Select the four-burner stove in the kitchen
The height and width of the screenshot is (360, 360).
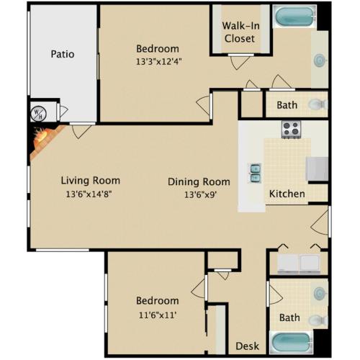coord(291,130)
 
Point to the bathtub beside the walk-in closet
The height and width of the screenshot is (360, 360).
coord(294,17)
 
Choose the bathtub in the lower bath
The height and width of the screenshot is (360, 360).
coord(292,343)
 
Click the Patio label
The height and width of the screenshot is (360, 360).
coord(63,54)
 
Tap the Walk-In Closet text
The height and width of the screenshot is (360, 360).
coord(240,32)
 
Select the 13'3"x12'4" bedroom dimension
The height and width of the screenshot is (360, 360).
coord(158,62)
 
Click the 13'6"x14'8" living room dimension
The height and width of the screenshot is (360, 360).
coord(89,194)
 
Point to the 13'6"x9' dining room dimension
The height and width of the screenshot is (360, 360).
coord(200,194)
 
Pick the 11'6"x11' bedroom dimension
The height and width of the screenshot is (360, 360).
coord(158,315)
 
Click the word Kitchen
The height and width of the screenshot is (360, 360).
coord(287,194)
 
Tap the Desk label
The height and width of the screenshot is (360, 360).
coord(247,346)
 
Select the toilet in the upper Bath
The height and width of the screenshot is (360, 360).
coord(318,104)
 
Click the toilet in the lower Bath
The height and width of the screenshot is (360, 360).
coord(318,320)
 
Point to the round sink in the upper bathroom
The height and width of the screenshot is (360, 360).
coord(320,60)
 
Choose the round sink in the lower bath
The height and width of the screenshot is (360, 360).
coord(320,293)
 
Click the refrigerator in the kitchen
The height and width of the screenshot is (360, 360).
coord(318,168)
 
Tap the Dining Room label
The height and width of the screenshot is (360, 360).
coord(199,182)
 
